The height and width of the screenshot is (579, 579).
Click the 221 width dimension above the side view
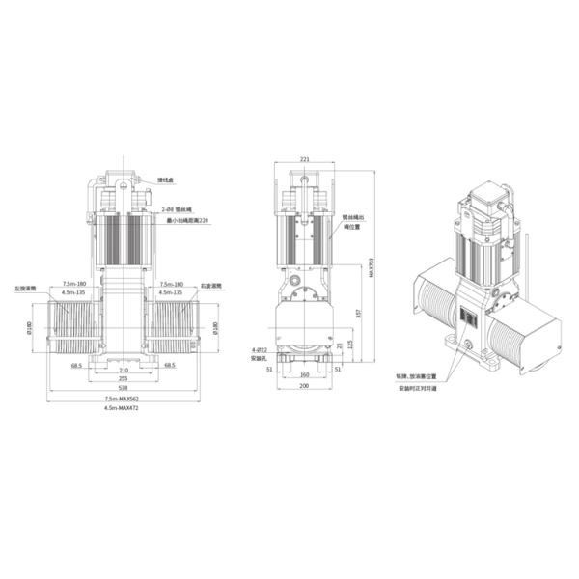[x=305, y=159]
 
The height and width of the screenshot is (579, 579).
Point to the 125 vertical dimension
[x=348, y=343]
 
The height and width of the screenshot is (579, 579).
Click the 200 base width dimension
[x=305, y=385]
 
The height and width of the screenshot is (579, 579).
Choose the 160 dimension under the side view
[x=305, y=375]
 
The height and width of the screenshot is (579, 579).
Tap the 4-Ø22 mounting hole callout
[x=259, y=350]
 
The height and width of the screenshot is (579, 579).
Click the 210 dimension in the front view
[x=123, y=369]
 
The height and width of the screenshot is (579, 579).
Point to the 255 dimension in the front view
[x=123, y=377]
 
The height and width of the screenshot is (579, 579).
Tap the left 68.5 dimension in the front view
[x=76, y=366]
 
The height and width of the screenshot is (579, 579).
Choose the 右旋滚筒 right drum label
[x=212, y=287]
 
